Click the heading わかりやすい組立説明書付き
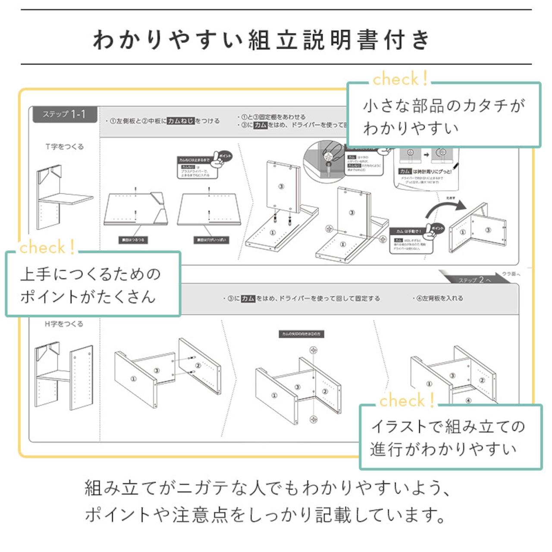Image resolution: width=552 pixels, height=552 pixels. [262, 40]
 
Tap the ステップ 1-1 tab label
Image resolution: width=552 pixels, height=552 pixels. [64, 114]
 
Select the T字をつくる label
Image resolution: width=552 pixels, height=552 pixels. [65, 147]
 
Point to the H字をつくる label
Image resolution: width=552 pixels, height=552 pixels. [64, 324]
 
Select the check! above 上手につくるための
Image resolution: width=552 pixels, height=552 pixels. [47, 248]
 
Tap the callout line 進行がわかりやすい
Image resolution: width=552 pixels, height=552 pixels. [443, 449]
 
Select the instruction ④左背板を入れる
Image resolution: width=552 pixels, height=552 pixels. [437, 298]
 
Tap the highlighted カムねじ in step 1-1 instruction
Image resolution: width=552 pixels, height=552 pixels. [181, 121]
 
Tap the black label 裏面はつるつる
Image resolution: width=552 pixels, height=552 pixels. [133, 240]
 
